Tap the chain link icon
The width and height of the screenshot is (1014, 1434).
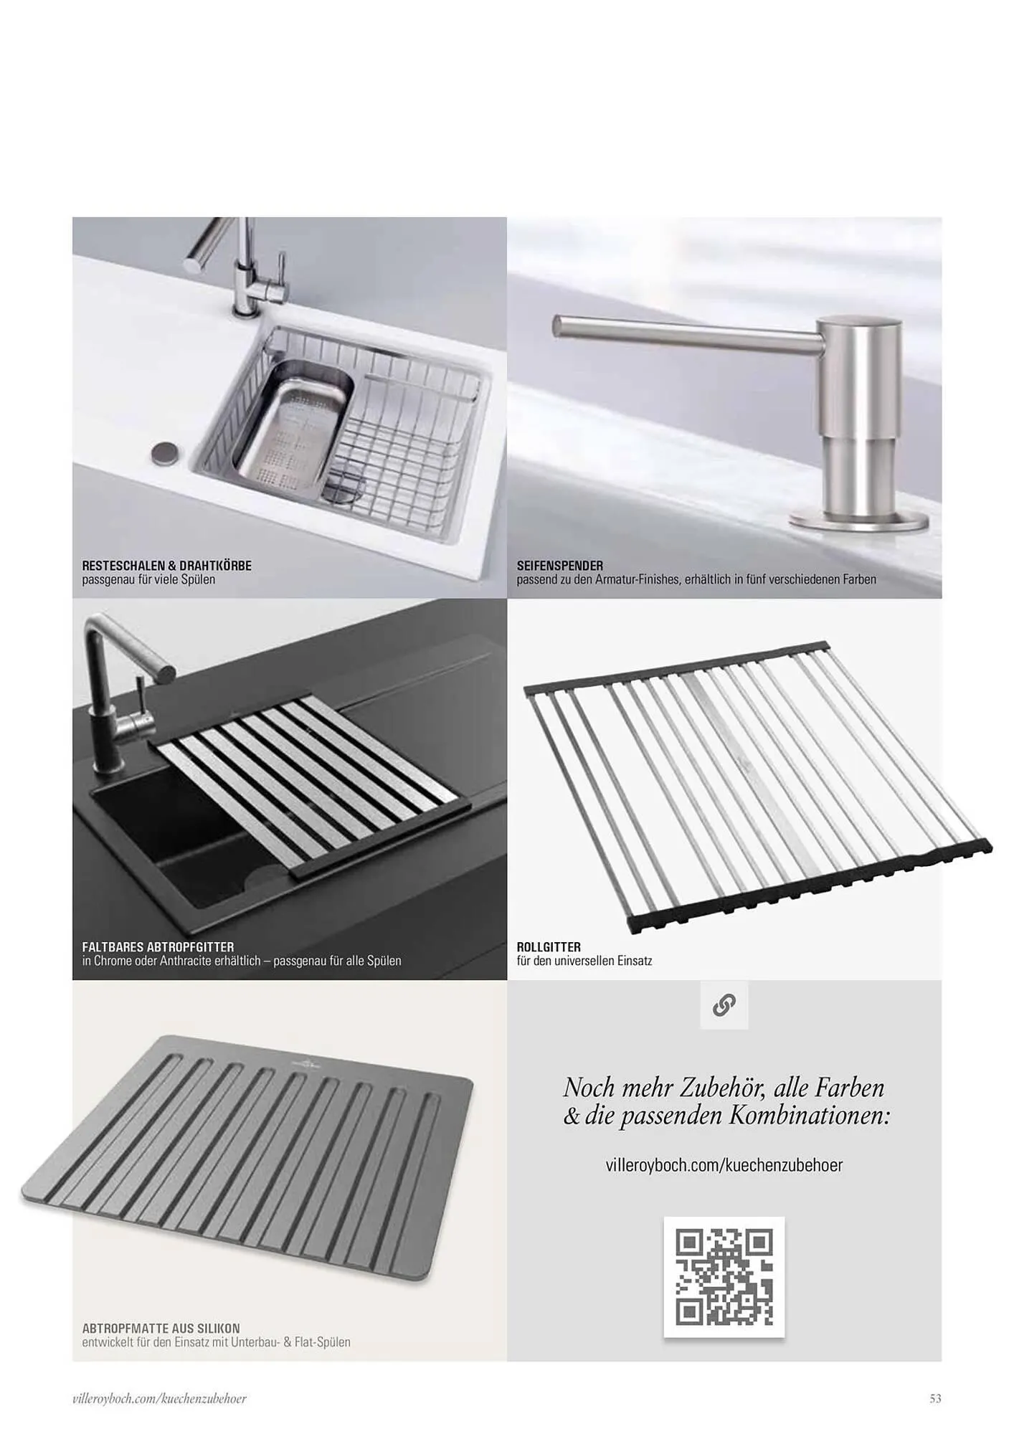pos(724,1005)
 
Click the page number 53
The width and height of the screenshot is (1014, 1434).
pos(935,1398)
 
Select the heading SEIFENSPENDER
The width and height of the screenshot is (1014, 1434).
pos(559,566)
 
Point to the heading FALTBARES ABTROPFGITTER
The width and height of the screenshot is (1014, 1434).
pos(158,947)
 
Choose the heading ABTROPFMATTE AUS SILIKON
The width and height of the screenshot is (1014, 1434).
pos(161,1329)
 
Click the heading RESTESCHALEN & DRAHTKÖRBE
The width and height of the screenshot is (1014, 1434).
pos(166,566)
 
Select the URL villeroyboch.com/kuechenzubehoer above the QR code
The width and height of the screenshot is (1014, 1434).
pos(724,1165)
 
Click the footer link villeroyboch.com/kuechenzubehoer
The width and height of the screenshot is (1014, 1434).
pos(160,1398)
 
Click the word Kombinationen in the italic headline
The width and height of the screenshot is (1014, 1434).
pos(810,1116)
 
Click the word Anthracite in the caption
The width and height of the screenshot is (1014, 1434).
pos(186,961)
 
